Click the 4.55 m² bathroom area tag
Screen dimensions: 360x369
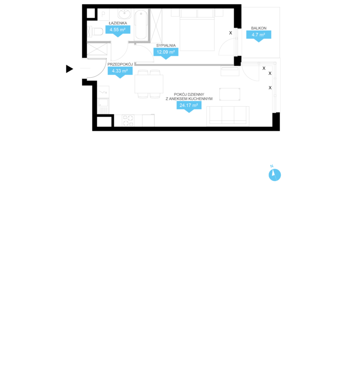pos(118,30)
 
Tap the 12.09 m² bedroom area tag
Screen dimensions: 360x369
pos(166,52)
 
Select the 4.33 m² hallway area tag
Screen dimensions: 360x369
pos(120,71)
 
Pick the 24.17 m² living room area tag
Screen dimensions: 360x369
pos(189,105)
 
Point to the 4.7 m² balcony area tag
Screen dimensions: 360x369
pos(259,35)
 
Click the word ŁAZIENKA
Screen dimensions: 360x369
pos(118,23)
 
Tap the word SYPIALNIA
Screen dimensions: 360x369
pos(166,45)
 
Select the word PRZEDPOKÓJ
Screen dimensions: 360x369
pos(120,64)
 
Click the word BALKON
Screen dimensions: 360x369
pos(259,28)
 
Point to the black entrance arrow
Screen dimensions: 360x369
pos(69,69)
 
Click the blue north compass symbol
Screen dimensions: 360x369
pos(275,175)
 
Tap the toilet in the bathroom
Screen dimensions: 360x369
pos(96,31)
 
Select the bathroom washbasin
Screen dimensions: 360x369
pos(124,14)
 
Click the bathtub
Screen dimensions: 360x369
pos(141,24)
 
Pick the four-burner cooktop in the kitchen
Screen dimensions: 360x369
pos(128,120)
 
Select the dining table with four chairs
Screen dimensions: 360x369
pos(149,84)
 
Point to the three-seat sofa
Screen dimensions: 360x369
pos(228,116)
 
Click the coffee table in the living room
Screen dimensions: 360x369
pos(230,94)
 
